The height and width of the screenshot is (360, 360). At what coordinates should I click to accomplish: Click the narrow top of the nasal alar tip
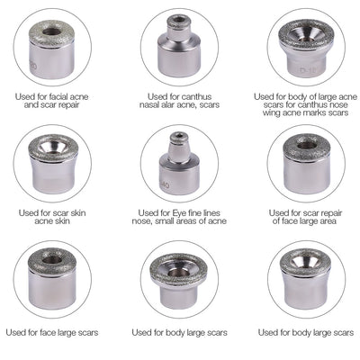pyautogui.click(x=180, y=27)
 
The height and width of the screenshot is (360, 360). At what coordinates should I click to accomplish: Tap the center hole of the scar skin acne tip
pyautogui.click(x=52, y=145)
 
